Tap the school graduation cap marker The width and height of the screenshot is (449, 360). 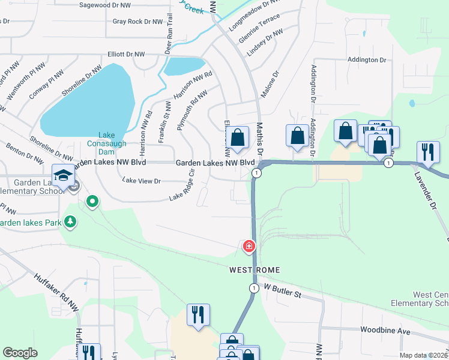[62, 175]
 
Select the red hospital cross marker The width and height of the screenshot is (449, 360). [249, 246]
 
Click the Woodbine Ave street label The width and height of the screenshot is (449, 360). [385, 331]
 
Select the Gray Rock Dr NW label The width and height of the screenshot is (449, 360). [138, 22]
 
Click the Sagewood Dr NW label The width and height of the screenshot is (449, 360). [106, 5]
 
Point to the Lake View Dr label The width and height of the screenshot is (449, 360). [142, 181]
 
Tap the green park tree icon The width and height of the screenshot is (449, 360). [71, 222]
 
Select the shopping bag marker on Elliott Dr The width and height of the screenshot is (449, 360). [238, 137]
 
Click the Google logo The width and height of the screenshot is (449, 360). [20, 353]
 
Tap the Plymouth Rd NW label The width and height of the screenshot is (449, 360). [192, 110]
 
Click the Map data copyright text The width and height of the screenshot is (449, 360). [424, 355]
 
